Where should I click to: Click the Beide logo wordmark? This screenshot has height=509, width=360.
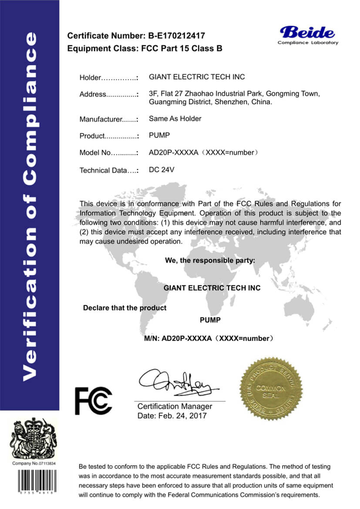(x=307, y=32)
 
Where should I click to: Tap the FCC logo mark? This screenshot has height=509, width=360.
(x=94, y=400)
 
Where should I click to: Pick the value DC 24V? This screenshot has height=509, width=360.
(x=161, y=170)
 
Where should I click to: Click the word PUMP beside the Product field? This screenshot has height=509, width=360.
(x=158, y=135)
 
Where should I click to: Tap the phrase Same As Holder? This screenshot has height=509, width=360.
(x=175, y=118)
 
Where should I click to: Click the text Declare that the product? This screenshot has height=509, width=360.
(x=124, y=308)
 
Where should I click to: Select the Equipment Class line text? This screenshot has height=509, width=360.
(x=145, y=48)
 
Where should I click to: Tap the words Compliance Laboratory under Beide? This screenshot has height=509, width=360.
(x=308, y=43)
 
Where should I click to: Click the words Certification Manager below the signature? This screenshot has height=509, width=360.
(x=175, y=406)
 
